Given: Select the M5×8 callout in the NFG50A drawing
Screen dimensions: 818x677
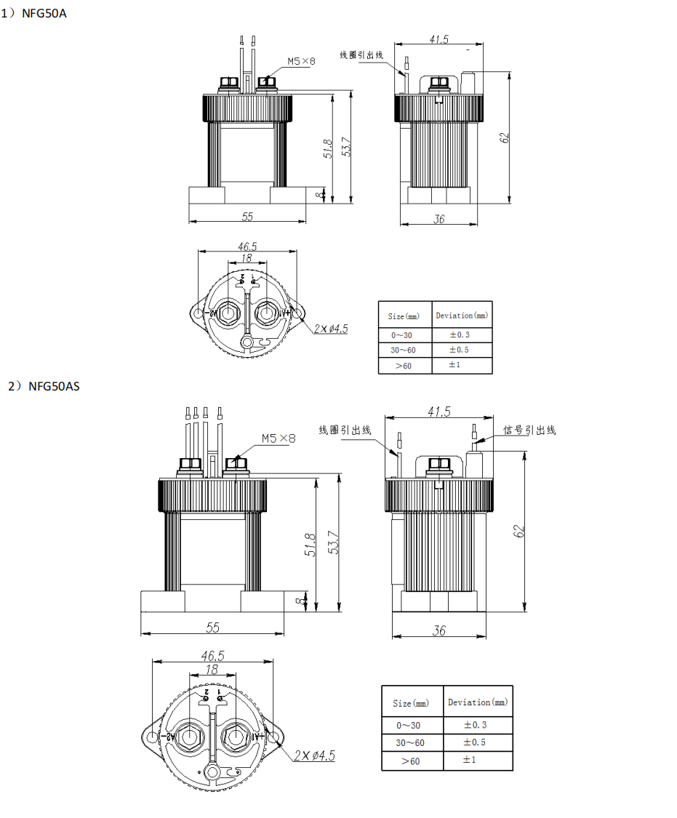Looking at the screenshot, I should click(x=301, y=62).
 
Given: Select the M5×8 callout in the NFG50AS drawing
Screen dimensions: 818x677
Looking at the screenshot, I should click(x=279, y=438).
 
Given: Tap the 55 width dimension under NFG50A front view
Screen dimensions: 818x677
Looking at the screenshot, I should click(x=247, y=217).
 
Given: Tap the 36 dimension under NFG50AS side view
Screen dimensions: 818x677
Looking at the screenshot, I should click(x=439, y=630).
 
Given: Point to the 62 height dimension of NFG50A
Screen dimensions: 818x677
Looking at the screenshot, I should click(x=505, y=137).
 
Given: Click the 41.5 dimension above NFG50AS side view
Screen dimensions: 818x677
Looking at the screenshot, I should click(x=438, y=412).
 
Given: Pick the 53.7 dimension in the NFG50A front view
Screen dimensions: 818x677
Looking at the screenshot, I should click(x=347, y=148).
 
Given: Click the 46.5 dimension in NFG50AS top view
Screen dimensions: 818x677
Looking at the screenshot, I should click(x=213, y=655).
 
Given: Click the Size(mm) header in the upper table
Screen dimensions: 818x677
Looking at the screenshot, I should click(x=404, y=316).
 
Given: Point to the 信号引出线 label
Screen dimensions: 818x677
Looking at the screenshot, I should click(x=529, y=430).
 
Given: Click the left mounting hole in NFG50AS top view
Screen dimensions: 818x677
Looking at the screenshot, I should click(x=152, y=737).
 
